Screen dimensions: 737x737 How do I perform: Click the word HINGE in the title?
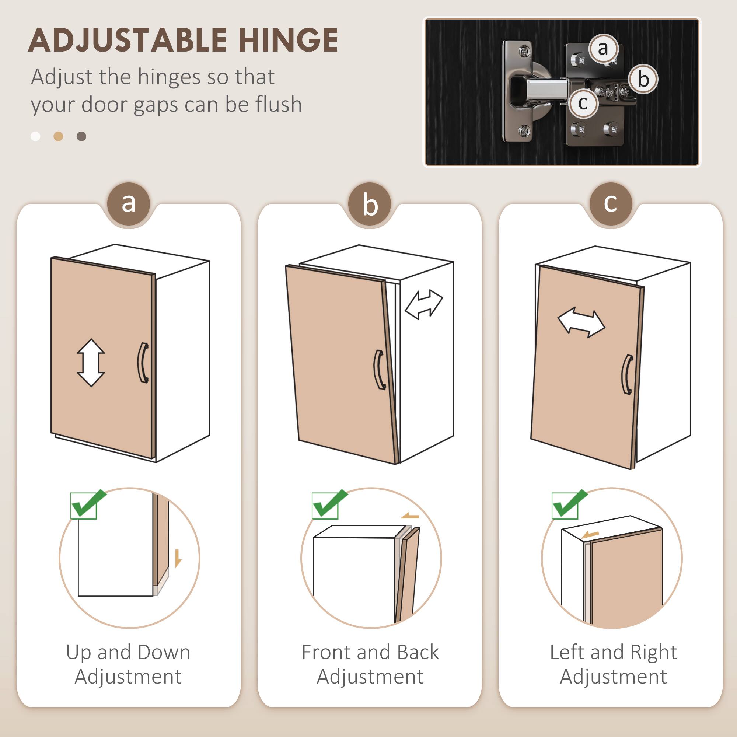(288, 40)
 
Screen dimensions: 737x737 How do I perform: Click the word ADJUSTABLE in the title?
(128, 40)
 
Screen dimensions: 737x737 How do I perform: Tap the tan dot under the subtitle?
(58, 136)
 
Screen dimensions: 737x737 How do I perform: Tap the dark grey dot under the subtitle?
(81, 136)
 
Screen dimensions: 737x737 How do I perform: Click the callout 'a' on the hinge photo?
(603, 48)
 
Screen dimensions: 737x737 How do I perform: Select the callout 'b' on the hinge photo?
(643, 79)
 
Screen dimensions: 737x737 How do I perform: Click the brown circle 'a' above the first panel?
(129, 203)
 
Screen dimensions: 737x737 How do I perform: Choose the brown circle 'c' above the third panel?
(610, 203)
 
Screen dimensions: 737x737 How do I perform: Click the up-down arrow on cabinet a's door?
(91, 362)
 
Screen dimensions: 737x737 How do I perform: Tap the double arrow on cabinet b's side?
(423, 304)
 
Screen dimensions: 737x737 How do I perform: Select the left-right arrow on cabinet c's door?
(581, 324)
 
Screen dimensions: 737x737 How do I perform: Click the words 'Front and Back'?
(370, 652)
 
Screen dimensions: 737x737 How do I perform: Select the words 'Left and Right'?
(614, 652)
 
